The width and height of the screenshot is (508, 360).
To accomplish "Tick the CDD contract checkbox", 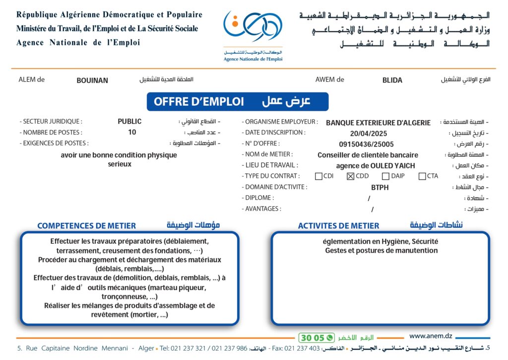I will click(x=350, y=176).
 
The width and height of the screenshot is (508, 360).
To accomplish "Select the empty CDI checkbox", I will click(x=318, y=176).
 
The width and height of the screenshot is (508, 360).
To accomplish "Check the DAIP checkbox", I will click(x=385, y=176).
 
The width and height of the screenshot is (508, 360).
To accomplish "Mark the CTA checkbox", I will click(x=422, y=176).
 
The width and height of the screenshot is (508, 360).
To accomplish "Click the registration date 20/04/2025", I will click(x=368, y=133).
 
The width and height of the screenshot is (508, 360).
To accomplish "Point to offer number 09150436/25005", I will click(x=366, y=144).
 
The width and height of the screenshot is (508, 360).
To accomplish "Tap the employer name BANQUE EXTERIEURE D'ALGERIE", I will click(x=378, y=123).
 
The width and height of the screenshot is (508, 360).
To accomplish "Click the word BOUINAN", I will click(x=92, y=80).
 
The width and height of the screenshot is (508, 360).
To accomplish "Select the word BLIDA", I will click(x=392, y=80).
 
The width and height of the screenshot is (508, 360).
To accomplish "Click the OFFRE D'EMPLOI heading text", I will click(x=199, y=102).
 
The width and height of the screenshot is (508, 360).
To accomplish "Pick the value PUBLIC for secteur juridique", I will click(x=129, y=122).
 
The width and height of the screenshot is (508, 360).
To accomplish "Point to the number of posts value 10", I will click(x=132, y=133).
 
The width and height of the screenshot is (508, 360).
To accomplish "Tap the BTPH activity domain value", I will click(x=380, y=188).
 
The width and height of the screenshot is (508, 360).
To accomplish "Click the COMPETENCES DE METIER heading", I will click(x=86, y=226).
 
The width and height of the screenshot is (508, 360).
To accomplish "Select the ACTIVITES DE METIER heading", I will click(x=338, y=226).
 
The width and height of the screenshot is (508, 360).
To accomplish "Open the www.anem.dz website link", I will click(x=431, y=336).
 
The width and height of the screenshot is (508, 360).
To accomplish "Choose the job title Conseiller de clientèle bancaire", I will click(x=368, y=155).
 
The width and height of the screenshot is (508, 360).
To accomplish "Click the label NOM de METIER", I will click(x=268, y=154).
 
